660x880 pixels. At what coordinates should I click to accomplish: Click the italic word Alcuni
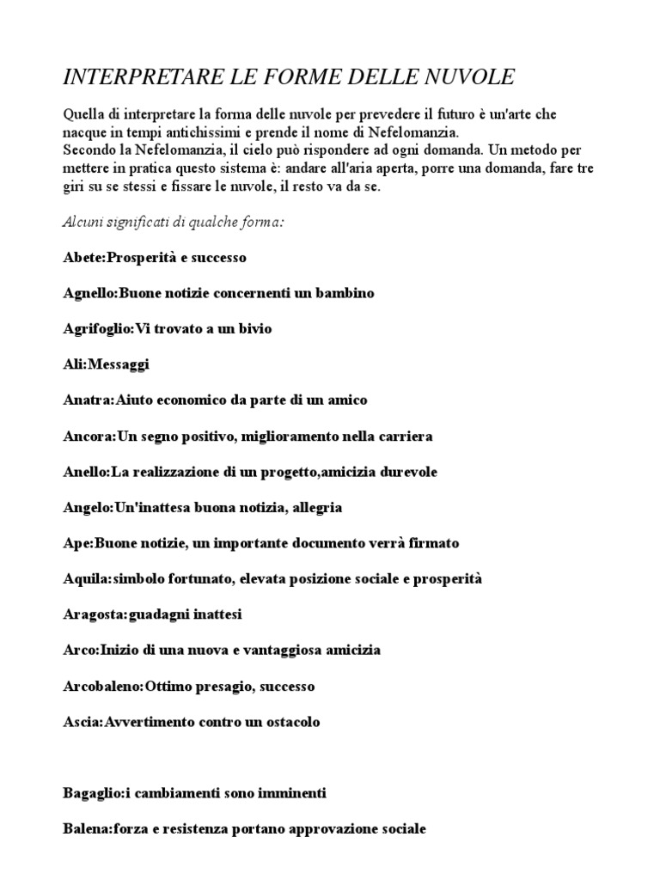click(x=84, y=222)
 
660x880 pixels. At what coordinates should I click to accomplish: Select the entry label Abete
click(x=82, y=258)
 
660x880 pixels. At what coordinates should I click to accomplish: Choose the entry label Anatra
click(x=85, y=400)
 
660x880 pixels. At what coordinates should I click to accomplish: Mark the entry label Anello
click(x=85, y=472)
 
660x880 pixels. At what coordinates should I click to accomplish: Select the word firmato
click(x=431, y=543)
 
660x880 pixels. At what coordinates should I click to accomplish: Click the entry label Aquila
click(x=85, y=579)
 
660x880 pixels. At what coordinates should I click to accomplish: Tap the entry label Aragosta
click(x=94, y=615)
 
